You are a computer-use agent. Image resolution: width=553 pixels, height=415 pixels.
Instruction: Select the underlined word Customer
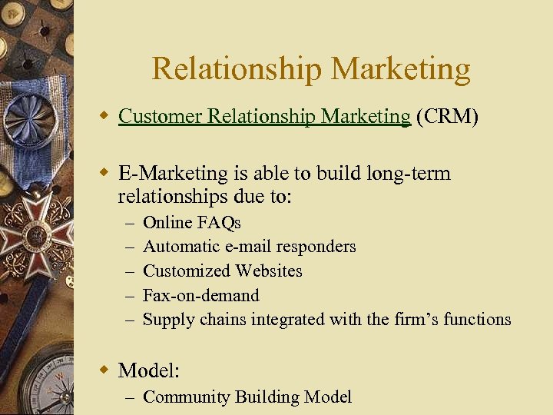coord(154,116)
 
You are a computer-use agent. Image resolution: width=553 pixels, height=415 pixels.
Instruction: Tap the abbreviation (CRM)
coord(447,116)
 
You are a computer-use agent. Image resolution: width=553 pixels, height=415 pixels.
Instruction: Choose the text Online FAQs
coord(192,223)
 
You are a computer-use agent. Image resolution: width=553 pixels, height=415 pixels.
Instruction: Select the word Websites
coord(268,271)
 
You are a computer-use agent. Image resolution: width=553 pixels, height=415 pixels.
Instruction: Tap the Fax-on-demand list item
coord(201,295)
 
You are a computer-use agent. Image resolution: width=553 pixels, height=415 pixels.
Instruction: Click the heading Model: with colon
coord(148,370)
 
